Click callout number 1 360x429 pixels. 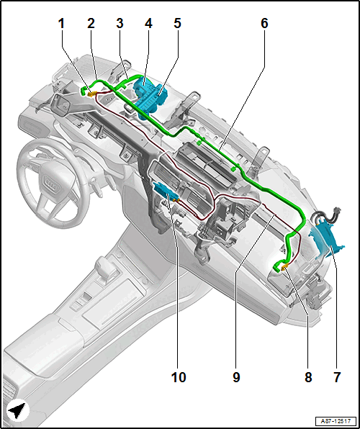[61, 24]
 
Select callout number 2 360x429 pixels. [91, 24]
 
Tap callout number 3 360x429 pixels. [120, 24]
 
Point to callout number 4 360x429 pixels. [148, 24]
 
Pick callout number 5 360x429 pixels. [177, 24]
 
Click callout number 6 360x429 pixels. [264, 24]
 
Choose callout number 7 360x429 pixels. [336, 378]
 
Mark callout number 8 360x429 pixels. [308, 378]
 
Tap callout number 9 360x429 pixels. [236, 378]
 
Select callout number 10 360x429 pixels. [179, 378]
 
